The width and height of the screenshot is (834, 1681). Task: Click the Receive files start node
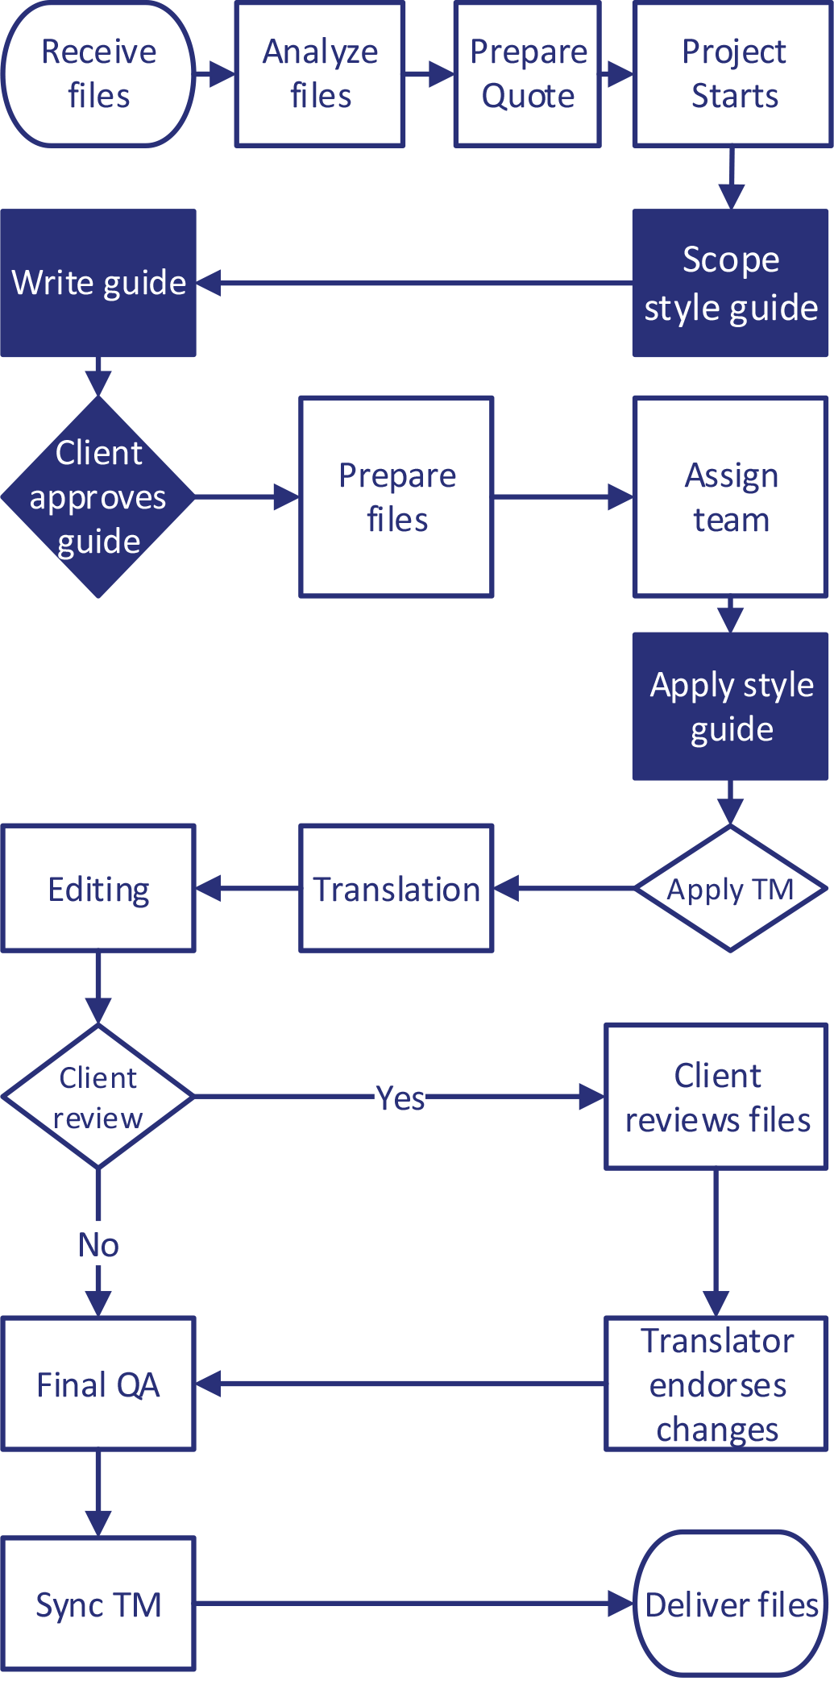tap(98, 74)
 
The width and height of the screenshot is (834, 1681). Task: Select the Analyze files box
tap(320, 74)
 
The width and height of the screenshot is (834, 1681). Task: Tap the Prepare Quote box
tap(528, 74)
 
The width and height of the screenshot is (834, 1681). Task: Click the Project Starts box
tap(732, 74)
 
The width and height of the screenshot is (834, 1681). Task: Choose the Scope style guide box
tap(730, 284)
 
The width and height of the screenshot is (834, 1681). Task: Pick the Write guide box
tap(98, 283)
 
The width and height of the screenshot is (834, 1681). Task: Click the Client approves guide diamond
tap(98, 497)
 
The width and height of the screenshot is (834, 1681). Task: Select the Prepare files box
tap(396, 497)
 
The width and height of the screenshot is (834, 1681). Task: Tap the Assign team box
tap(730, 497)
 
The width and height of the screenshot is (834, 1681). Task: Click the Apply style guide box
tap(730, 707)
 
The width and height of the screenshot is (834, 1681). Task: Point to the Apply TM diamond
tap(730, 889)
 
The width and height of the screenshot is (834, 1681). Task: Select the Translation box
tap(396, 889)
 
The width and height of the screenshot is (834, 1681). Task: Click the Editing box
tap(98, 889)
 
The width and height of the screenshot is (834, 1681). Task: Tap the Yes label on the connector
tap(400, 1097)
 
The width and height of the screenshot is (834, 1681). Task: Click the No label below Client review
tap(98, 1244)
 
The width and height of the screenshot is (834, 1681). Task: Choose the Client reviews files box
tap(716, 1097)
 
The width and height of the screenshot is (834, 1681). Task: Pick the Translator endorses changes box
tap(716, 1384)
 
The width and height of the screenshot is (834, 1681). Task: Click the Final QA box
tap(98, 1384)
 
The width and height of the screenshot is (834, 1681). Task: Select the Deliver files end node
tap(730, 1604)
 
